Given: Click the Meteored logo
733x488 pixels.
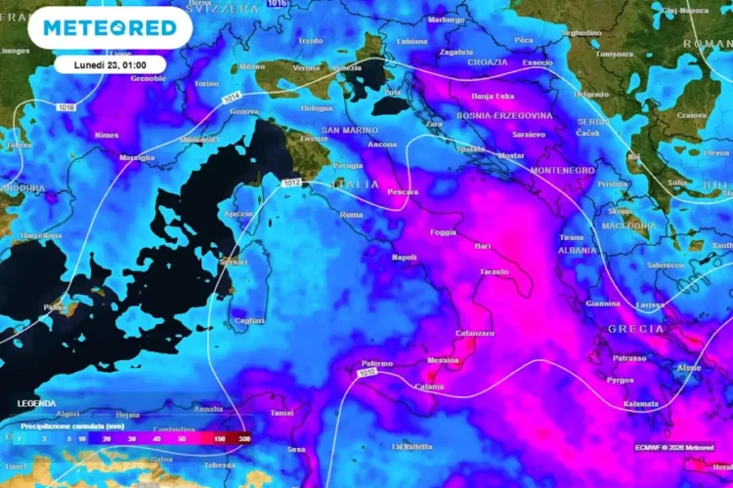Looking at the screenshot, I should pyautogui.click(x=103, y=27).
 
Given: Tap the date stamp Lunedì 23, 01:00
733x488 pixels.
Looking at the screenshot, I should pyautogui.click(x=109, y=63).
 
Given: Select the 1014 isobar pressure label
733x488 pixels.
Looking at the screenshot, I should pyautogui.click(x=232, y=97).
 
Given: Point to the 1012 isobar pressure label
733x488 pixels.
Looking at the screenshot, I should pyautogui.click(x=290, y=183).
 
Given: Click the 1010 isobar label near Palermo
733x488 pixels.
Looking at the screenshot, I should pyautogui.click(x=367, y=373).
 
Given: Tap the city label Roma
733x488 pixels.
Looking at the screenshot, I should pyautogui.click(x=351, y=215).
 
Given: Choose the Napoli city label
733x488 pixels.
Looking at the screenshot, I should pyautogui.click(x=404, y=258).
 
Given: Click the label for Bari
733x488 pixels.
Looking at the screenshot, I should pyautogui.click(x=483, y=246).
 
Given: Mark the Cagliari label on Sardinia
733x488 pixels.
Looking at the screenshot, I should pyautogui.click(x=249, y=320).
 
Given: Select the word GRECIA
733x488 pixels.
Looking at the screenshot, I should pyautogui.click(x=636, y=329).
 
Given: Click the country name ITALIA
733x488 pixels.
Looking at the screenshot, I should pyautogui.click(x=354, y=183).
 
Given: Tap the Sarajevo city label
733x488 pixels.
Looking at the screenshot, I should pyautogui.click(x=529, y=134).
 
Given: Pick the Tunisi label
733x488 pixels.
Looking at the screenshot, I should pyautogui.click(x=281, y=413).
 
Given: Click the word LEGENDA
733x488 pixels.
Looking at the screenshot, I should pyautogui.click(x=36, y=403).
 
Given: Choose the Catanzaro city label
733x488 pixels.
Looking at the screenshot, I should pyautogui.click(x=474, y=334).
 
